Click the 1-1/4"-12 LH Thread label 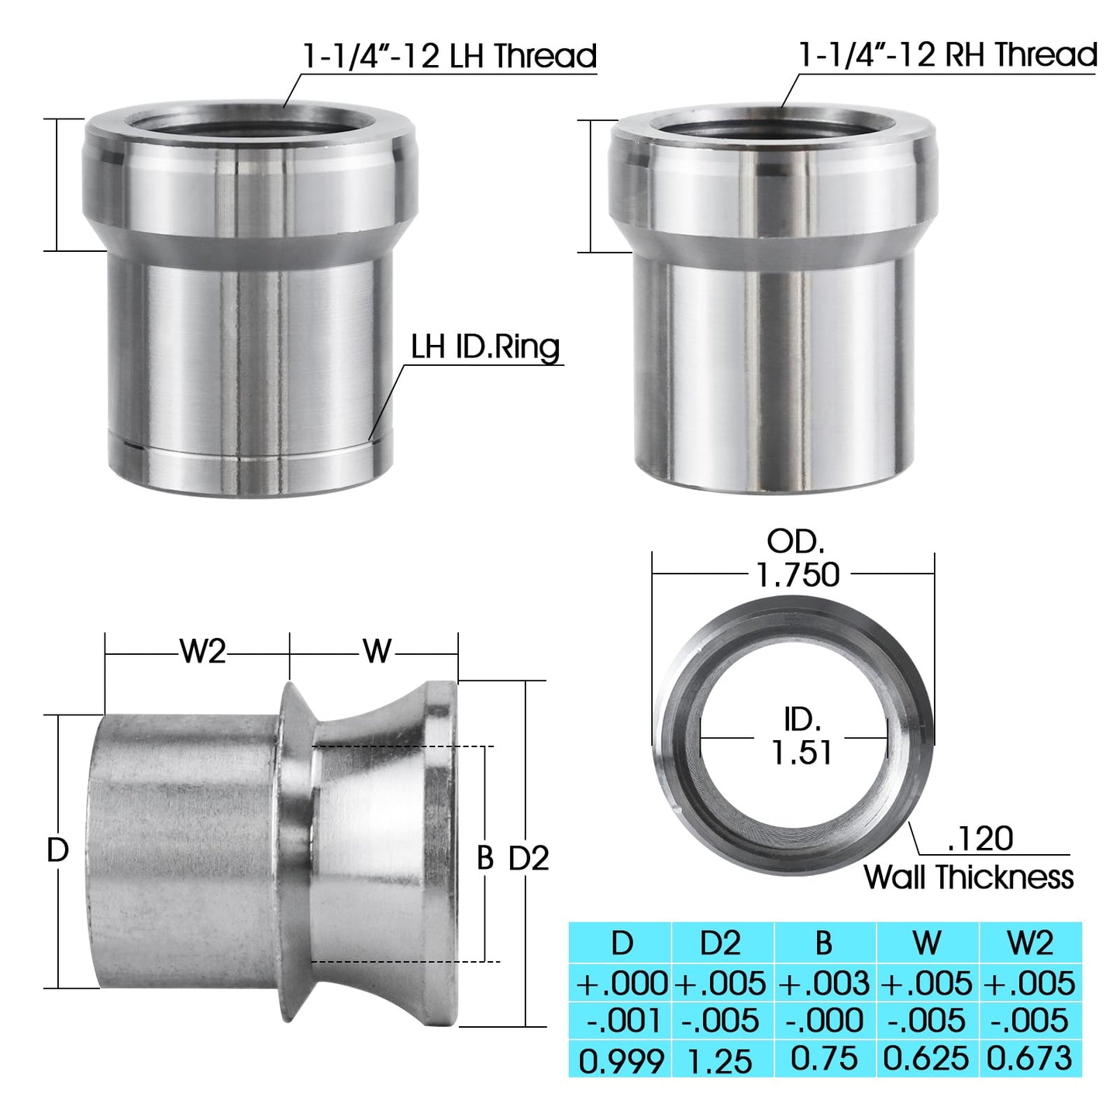tap(450, 56)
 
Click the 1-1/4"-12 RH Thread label tap(947, 54)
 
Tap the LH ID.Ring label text tap(485, 346)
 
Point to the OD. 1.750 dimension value tap(798, 574)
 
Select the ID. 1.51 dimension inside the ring tap(801, 751)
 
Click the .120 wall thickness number tap(980, 838)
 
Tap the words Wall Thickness tap(968, 877)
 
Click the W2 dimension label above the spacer tap(202, 652)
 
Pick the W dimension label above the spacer tap(377, 652)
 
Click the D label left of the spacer tap(58, 850)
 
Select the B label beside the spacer tap(485, 858)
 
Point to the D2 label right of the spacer tap(529, 858)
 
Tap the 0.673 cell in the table tap(1030, 1059)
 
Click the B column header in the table tap(824, 943)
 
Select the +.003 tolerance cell tap(824, 983)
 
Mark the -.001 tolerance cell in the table tap(621, 1021)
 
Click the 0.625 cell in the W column tap(926, 1059)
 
